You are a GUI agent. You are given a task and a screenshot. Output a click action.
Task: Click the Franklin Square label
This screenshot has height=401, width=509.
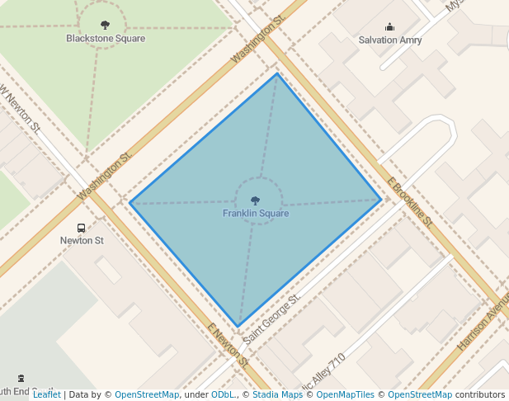(x=256, y=214)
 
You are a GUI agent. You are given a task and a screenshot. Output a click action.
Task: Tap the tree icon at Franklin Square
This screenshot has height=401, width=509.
(x=256, y=200)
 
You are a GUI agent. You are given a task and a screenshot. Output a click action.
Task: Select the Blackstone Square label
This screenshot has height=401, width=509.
(x=106, y=39)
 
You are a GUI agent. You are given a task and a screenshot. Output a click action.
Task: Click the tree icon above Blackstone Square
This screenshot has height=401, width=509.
(x=105, y=26)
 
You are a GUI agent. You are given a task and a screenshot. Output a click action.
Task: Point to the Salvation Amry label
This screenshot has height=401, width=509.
(x=390, y=40)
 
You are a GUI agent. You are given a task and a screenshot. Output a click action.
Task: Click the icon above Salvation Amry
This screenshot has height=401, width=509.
(x=389, y=27)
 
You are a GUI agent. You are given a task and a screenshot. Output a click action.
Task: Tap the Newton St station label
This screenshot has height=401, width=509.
(x=82, y=241)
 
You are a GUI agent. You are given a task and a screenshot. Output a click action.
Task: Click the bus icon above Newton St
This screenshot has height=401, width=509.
(x=81, y=228)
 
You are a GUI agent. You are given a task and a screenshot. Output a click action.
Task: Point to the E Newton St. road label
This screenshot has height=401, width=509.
(x=228, y=346)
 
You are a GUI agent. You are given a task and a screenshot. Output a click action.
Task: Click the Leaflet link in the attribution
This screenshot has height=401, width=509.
(x=46, y=395)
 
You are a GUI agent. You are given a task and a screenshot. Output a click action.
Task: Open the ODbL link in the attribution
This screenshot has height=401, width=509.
(x=223, y=395)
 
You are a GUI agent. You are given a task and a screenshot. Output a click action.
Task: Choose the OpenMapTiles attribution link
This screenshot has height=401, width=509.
(x=346, y=395)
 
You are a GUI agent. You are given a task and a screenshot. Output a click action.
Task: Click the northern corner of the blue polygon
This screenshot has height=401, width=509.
(x=277, y=73)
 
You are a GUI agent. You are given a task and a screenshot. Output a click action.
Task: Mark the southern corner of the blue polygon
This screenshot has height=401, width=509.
(x=238, y=328)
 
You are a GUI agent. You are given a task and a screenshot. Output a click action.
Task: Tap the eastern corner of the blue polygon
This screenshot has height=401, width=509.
(x=382, y=199)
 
